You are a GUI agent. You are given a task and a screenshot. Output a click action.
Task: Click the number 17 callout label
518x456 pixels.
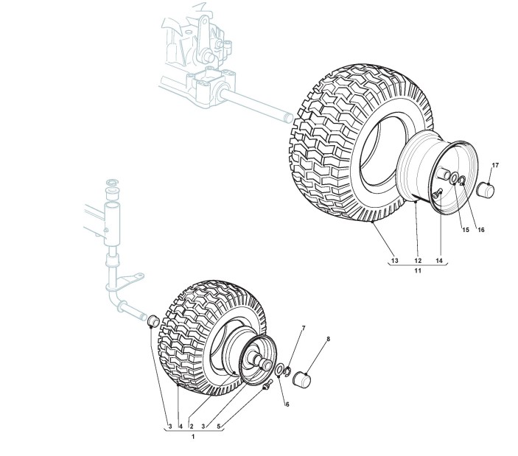click(495, 164)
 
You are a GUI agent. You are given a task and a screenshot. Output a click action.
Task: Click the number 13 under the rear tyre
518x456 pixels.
click(394, 261)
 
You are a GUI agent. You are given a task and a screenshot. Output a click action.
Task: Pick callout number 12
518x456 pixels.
click(417, 261)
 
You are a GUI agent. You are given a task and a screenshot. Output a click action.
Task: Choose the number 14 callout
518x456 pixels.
click(440, 261)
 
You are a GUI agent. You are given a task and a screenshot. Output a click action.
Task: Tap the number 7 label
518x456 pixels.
click(302, 328)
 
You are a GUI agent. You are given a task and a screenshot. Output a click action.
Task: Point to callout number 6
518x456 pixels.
click(287, 404)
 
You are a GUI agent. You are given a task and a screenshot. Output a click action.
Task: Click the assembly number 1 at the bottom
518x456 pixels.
click(194, 438)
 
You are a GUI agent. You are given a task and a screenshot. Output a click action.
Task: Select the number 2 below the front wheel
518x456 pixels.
click(192, 427)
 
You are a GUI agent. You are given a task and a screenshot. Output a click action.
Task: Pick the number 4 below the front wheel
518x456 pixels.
click(180, 427)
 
